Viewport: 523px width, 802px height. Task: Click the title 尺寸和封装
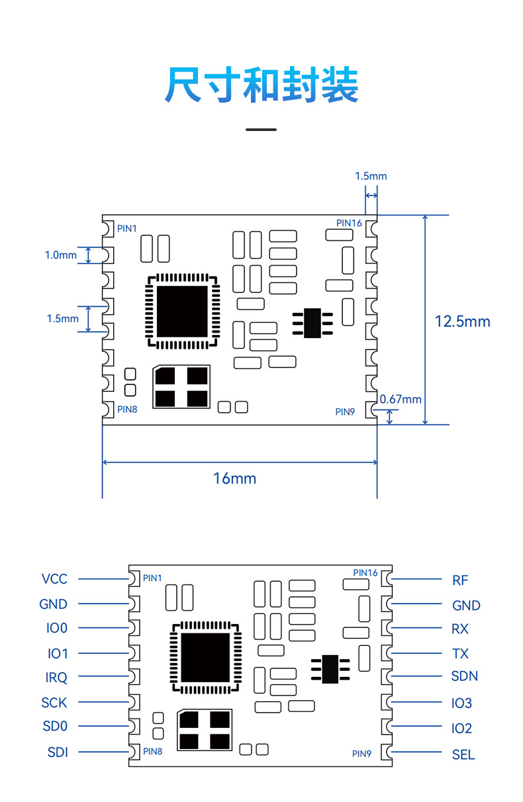[261, 85]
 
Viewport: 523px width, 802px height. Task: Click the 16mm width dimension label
[234, 478]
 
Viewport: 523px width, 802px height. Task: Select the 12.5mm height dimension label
[462, 322]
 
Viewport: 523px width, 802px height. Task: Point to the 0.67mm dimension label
[401, 399]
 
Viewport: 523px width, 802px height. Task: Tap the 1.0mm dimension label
[60, 255]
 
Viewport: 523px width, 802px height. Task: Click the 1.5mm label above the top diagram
[371, 176]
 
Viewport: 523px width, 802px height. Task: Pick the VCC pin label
[54, 579]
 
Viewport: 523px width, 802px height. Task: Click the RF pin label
[460, 580]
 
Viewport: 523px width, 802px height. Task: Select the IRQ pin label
[56, 678]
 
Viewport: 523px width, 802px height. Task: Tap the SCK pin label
[54, 703]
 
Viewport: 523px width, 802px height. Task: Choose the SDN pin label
[464, 676]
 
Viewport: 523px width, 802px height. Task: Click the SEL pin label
[463, 754]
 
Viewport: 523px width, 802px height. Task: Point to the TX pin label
[460, 654]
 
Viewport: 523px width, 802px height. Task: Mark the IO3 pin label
[461, 703]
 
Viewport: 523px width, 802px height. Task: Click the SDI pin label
[58, 752]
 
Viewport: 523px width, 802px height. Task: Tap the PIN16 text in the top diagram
[349, 223]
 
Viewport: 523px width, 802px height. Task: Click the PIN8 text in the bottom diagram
[152, 751]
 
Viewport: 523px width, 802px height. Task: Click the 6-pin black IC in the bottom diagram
[330, 668]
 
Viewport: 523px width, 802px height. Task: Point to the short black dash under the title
[261, 129]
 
